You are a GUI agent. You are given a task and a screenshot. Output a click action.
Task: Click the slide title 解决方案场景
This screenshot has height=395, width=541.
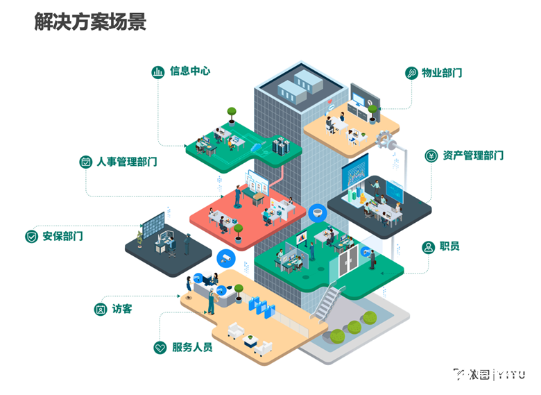pyautogui.click(x=90, y=22)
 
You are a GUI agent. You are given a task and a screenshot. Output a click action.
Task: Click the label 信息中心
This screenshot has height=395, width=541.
pyautogui.click(x=190, y=71)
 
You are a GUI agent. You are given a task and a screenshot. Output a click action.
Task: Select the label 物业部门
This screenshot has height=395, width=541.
pyautogui.click(x=442, y=73)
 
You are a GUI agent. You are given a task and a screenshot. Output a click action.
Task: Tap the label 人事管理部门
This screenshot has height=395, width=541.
pyautogui.click(x=126, y=162)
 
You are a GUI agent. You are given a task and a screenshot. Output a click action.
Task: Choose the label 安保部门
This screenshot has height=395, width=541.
pyautogui.click(x=62, y=236)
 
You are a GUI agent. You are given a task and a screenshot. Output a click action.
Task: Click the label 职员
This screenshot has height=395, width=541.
pyautogui.click(x=449, y=246)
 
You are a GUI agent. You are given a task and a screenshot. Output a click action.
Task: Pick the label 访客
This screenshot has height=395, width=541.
pyautogui.click(x=122, y=309)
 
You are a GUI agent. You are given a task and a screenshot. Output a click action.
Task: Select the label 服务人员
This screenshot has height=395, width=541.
pyautogui.click(x=192, y=347)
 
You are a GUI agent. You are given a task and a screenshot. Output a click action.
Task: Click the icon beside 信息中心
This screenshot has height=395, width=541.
pyautogui.click(x=158, y=71)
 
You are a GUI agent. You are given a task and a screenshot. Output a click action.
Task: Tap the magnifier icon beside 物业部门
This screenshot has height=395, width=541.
pyautogui.click(x=411, y=73)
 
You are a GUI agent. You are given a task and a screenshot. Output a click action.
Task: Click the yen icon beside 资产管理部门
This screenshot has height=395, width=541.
pyautogui.click(x=431, y=156)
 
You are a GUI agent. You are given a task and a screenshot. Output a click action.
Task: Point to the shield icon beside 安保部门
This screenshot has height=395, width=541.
pyautogui.click(x=31, y=236)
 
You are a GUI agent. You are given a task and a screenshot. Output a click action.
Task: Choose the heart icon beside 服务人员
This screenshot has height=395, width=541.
pyautogui.click(x=160, y=347)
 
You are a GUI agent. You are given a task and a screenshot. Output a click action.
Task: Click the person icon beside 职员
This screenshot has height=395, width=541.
pyautogui.click(x=427, y=246)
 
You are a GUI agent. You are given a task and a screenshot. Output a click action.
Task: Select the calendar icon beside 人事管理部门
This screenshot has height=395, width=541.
pyautogui.click(x=86, y=162)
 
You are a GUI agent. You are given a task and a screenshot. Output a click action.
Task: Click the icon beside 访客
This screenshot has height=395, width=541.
pyautogui.click(x=101, y=309)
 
